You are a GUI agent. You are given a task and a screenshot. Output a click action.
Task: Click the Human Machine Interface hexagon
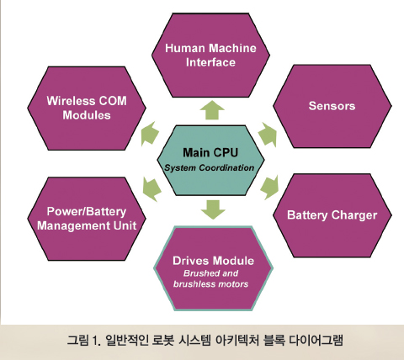pyautogui.click(x=210, y=56)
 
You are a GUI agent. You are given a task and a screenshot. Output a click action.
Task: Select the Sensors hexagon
pyautogui.click(x=332, y=106)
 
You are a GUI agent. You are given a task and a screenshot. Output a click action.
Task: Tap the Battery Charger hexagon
pyautogui.click(x=332, y=215)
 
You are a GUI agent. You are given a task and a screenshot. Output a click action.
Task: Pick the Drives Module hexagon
pyautogui.click(x=213, y=268)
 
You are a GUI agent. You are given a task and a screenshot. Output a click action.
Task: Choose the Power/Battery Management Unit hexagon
pyautogui.click(x=87, y=219)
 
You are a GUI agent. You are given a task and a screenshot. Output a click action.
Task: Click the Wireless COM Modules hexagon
pyautogui.click(x=87, y=109)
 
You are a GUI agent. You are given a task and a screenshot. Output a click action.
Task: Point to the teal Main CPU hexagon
pyautogui.click(x=210, y=161)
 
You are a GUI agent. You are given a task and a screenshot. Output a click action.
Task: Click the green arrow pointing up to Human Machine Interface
pyautogui.click(x=212, y=110)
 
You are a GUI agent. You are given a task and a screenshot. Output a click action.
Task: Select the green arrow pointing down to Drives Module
pyautogui.click(x=213, y=209)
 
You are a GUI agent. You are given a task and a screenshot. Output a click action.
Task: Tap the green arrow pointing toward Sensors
pyautogui.click(x=268, y=135)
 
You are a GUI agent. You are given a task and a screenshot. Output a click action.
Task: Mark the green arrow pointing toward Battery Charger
pyautogui.click(x=269, y=187)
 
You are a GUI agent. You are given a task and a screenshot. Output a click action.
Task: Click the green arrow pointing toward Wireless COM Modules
pyautogui.click(x=150, y=134)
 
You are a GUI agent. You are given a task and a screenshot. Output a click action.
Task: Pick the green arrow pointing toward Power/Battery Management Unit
pyautogui.click(x=151, y=189)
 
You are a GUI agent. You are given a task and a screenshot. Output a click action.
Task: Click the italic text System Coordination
pyautogui.click(x=210, y=168)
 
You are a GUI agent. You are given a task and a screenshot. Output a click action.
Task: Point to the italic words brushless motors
pyautogui.click(x=210, y=284)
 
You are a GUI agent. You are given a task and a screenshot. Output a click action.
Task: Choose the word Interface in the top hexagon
pyautogui.click(x=210, y=62)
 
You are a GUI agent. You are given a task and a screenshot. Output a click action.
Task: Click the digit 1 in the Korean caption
pyautogui.click(x=94, y=341)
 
